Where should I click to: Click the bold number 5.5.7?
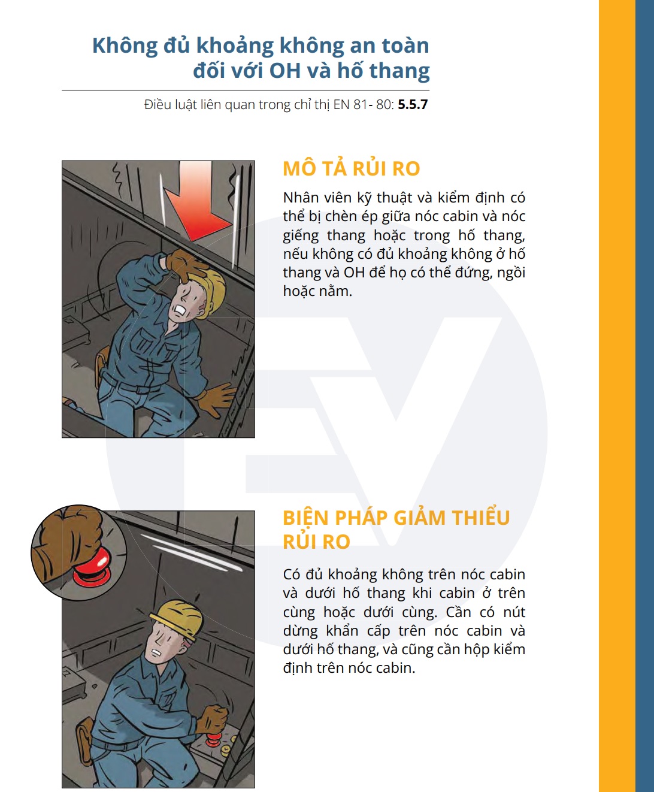coord(413,105)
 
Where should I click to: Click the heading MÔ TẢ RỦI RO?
coord(351,169)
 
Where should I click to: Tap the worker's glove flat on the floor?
coord(216,398)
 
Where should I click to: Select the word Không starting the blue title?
coord(125,46)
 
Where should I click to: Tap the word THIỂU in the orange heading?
coord(481,518)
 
